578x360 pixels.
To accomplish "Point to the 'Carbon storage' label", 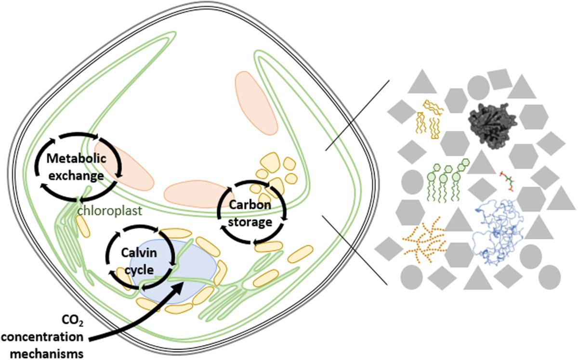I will pos(250,213).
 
